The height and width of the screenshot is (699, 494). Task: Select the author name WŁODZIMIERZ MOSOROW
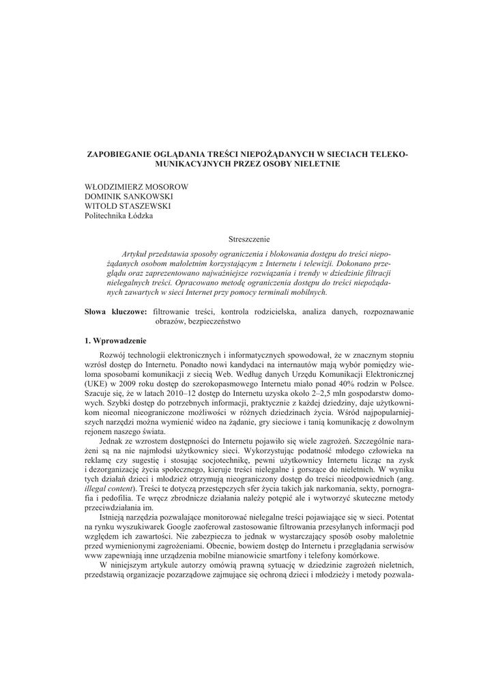136,187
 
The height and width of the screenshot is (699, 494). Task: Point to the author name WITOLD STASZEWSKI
128,206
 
